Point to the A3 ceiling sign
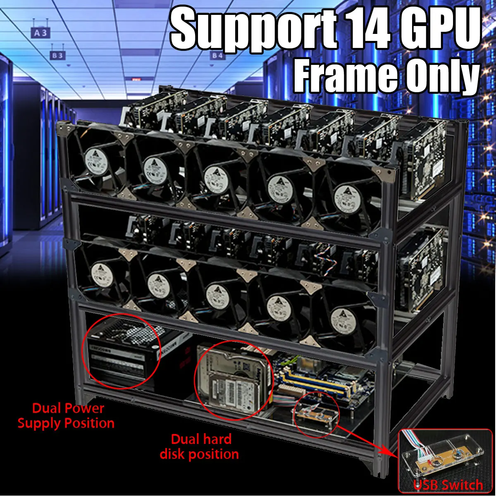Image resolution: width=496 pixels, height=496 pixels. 41,33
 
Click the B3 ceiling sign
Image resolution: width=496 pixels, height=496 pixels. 57,55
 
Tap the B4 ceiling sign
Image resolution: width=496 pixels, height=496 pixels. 217,55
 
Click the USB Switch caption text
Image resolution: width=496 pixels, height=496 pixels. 448,485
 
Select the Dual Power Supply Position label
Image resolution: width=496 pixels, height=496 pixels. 67,416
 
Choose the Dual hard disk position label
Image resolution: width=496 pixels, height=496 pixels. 200,446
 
